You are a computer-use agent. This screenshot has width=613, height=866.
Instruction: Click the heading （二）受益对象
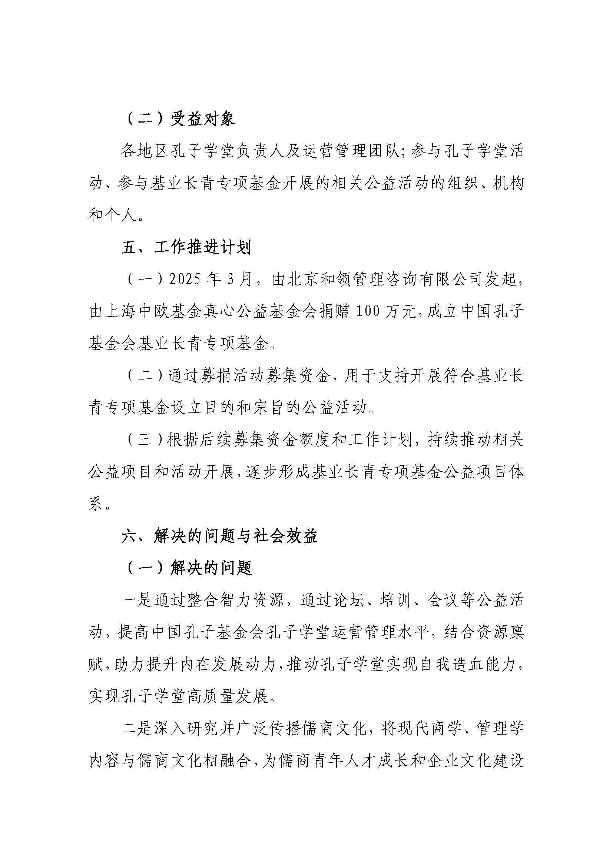[179, 119]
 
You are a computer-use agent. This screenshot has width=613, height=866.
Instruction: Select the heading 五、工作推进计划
[186, 248]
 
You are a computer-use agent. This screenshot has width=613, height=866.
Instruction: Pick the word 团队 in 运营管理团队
[384, 152]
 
